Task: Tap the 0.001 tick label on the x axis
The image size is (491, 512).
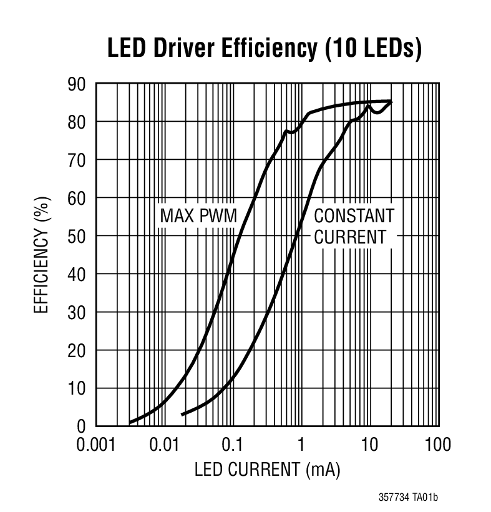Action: (96, 445)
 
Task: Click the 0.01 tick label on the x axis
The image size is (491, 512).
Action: (165, 445)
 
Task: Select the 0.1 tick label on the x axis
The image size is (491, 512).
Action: (233, 445)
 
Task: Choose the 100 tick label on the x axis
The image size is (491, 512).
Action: (437, 445)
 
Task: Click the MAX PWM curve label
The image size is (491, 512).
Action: (199, 217)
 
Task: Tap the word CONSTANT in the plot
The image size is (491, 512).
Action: (354, 217)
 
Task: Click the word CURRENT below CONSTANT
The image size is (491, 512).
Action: (350, 237)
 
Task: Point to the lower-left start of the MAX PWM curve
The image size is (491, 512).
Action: (130, 423)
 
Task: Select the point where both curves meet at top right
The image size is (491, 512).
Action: (391, 101)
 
